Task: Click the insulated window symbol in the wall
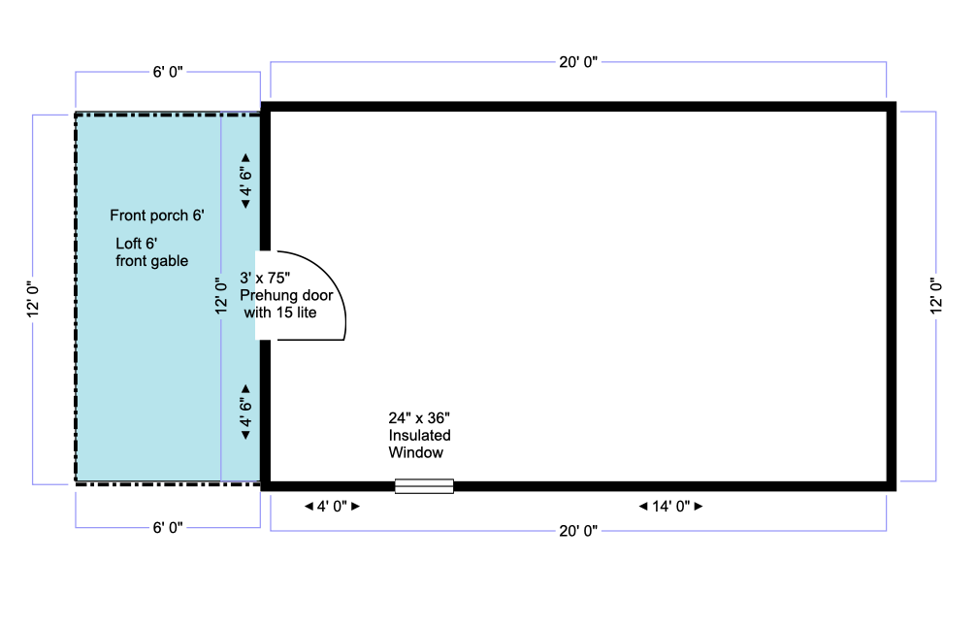[424, 486]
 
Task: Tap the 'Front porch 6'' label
[157, 215]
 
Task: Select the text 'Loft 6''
[137, 244]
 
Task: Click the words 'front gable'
[152, 261]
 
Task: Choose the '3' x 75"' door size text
[265, 278]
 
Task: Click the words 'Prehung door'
[286, 295]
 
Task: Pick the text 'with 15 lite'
[280, 313]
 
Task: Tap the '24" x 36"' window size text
[419, 417]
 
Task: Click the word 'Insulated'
[419, 435]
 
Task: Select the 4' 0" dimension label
[332, 507]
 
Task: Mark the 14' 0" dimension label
[671, 507]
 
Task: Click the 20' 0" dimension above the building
[578, 62]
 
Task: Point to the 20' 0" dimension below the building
[578, 531]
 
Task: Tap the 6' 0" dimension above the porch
[168, 72]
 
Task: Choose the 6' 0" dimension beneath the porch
[168, 527]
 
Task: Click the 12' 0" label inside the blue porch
[221, 296]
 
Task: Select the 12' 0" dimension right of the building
[936, 296]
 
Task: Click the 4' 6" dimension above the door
[245, 181]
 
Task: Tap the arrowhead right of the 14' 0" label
[699, 507]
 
